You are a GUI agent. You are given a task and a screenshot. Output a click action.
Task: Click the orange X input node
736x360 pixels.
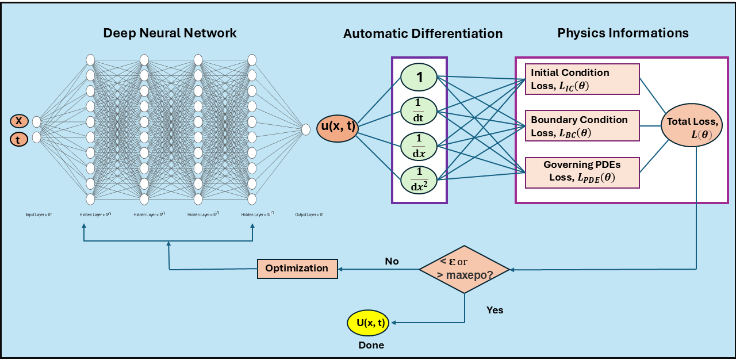click(19, 121)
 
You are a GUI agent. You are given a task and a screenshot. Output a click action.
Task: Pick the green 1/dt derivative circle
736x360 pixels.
click(419, 110)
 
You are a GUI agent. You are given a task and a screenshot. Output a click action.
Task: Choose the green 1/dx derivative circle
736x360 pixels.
click(419, 146)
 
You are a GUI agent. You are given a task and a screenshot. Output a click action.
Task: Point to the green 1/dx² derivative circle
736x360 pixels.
click(419, 179)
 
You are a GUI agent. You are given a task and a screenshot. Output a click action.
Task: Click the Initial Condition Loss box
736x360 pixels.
click(582, 79)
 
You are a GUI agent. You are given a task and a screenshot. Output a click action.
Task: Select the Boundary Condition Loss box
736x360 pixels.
click(582, 126)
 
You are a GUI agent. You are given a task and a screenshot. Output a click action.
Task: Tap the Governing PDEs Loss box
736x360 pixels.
click(582, 172)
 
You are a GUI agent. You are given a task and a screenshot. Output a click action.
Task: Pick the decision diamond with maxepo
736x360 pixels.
click(465, 269)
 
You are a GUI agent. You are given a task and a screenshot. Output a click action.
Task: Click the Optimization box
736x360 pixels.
click(297, 269)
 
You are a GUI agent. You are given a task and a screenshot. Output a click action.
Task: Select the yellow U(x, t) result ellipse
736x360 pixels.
click(368, 323)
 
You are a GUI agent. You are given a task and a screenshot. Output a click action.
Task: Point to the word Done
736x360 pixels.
click(371, 346)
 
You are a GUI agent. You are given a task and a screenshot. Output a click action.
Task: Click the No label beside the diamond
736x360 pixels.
click(392, 261)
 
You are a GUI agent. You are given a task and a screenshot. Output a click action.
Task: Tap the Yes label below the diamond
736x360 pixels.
click(494, 310)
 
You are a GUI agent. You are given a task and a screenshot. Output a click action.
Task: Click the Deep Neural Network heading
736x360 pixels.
click(170, 33)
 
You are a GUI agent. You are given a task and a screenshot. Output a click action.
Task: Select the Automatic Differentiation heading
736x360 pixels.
click(423, 33)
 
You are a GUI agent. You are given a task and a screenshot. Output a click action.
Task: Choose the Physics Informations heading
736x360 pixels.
click(623, 33)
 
